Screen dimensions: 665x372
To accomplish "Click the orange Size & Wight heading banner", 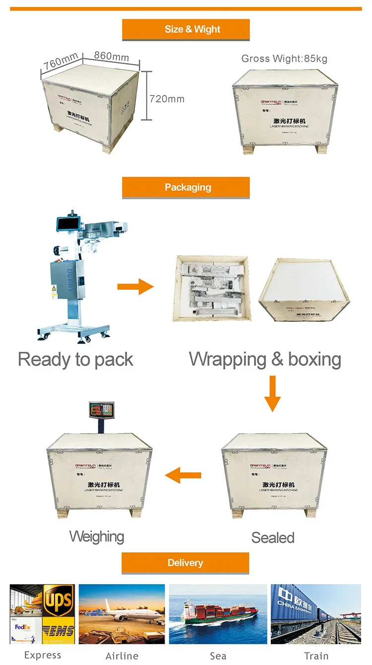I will pyautogui.click(x=186, y=29).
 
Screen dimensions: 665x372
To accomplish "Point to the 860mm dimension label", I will pyautogui.click(x=111, y=56).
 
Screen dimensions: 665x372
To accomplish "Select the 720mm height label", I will pyautogui.click(x=167, y=99).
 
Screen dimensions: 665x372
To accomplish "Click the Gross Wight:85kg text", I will pyautogui.click(x=284, y=59).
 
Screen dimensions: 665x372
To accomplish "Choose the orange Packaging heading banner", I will pyautogui.click(x=186, y=188).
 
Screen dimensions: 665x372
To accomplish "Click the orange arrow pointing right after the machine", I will pyautogui.click(x=135, y=286).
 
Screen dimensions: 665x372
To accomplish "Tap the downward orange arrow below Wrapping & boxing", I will pyautogui.click(x=272, y=394).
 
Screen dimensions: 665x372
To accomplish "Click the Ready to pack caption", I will pyautogui.click(x=75, y=359).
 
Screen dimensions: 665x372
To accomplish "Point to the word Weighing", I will pyautogui.click(x=97, y=536).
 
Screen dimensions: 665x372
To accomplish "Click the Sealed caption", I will pyautogui.click(x=273, y=537).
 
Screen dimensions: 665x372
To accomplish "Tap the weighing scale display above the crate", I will pyautogui.click(x=101, y=410).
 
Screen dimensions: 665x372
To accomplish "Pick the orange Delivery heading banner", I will pyautogui.click(x=185, y=563).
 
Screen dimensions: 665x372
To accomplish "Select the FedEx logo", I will pyautogui.click(x=25, y=628).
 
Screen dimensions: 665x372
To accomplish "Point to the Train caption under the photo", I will pyautogui.click(x=316, y=656).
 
